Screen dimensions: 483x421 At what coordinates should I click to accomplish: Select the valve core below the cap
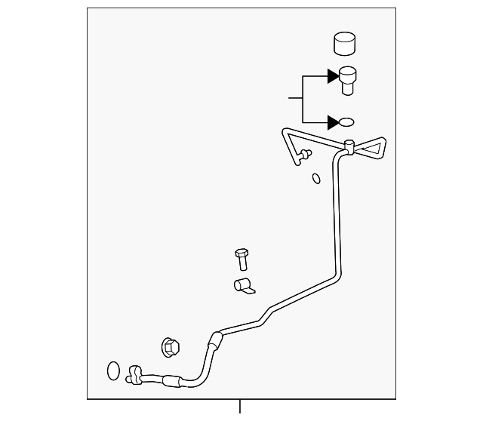click(348, 81)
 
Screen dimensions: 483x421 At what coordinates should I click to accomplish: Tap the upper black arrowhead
click(333, 75)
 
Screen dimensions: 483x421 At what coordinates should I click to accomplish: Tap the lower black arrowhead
click(333, 121)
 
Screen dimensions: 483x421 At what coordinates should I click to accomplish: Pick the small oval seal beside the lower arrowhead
click(346, 122)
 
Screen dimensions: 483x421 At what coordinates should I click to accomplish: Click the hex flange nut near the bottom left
click(170, 347)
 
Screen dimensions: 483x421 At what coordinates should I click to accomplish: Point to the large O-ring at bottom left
click(112, 370)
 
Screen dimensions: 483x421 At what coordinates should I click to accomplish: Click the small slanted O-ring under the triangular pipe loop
click(316, 179)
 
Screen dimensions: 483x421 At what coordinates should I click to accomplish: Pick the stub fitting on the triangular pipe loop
click(304, 156)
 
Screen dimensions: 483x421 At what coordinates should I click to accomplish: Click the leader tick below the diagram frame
click(240, 407)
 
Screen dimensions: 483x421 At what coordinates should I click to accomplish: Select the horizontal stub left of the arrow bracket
click(294, 98)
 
